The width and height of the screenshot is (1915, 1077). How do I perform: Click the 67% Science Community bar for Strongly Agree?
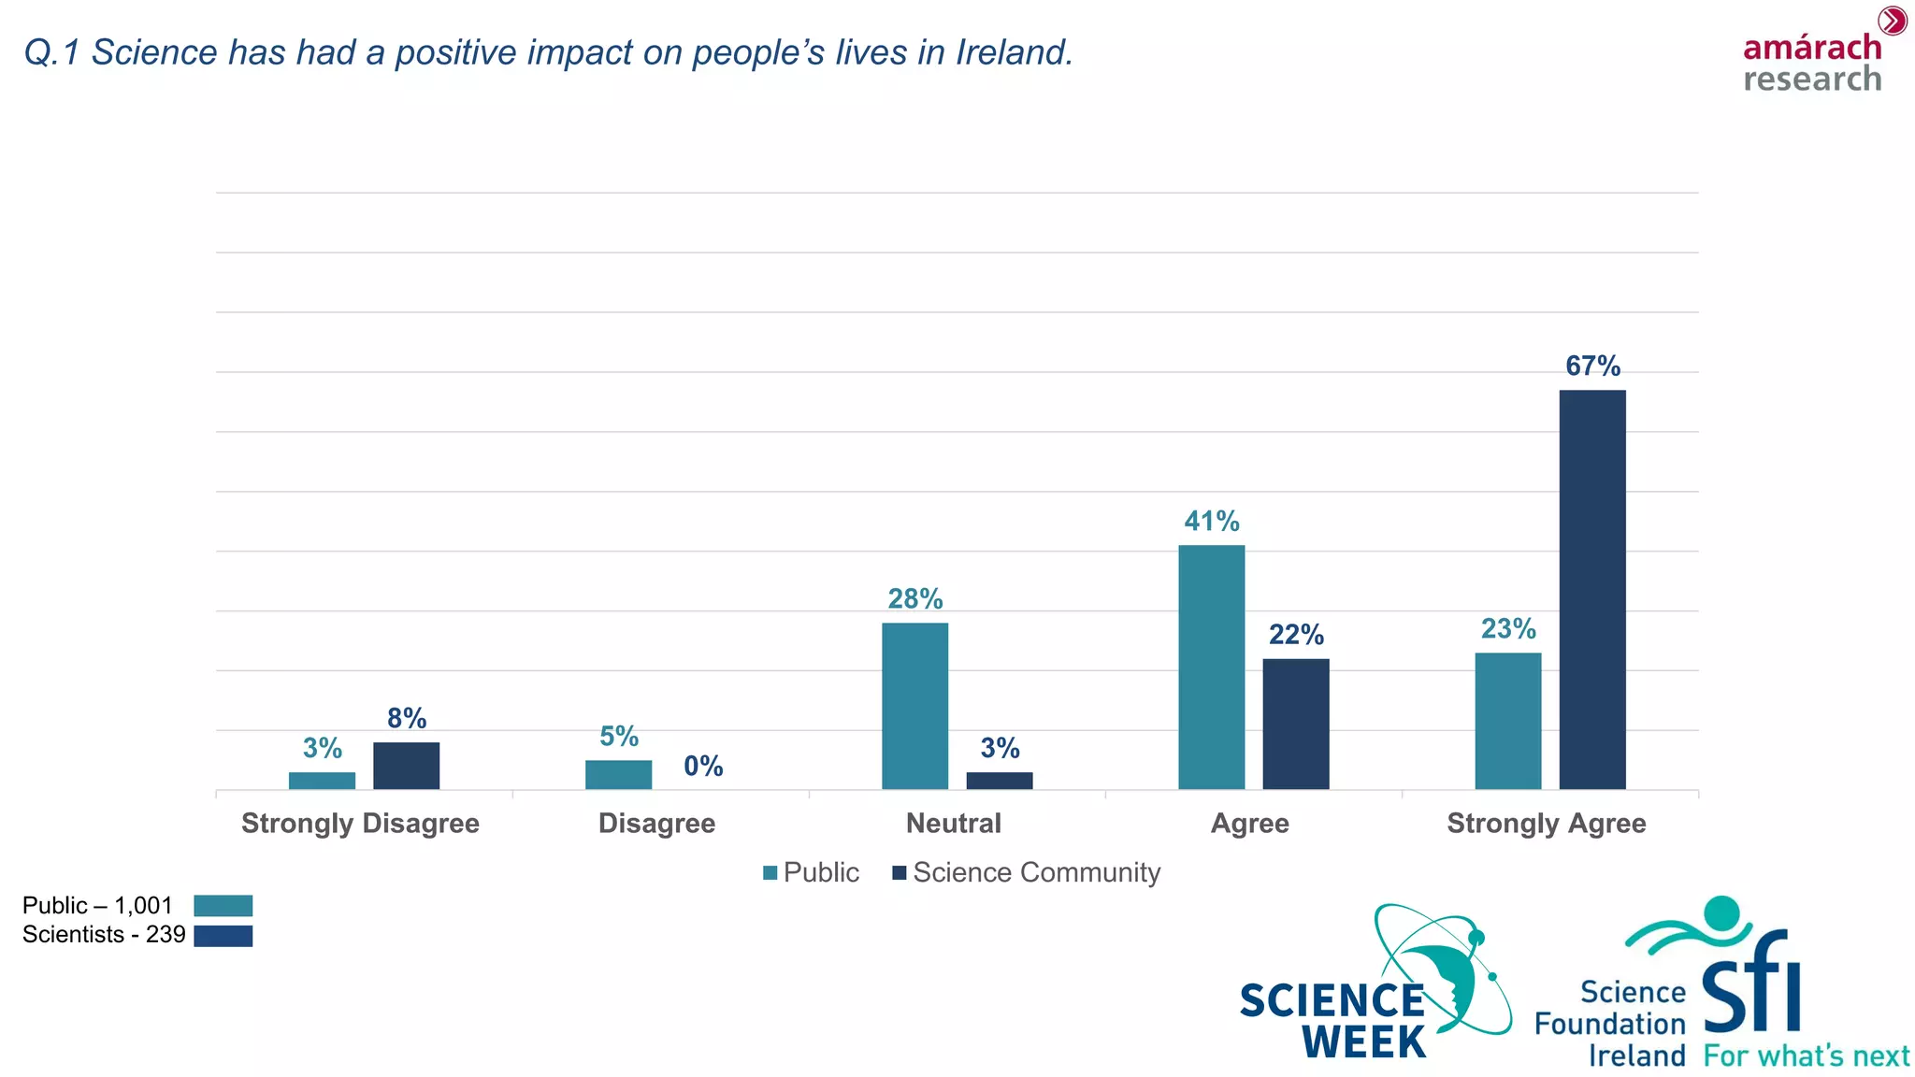pos(1591,589)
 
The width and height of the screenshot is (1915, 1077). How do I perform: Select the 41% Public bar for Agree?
pos(1211,667)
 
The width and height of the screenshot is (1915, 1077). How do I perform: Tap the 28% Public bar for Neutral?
pos(914,706)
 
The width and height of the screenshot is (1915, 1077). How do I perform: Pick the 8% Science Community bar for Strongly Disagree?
pos(406,766)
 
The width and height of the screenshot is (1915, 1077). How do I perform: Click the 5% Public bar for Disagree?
pos(618,775)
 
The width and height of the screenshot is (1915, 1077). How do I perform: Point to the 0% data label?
pos(703,767)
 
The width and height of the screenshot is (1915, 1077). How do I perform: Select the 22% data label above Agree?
pos(1296,635)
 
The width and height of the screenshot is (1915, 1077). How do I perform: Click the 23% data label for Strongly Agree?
pos(1507,628)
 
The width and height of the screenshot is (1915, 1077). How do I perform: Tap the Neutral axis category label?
pos(953,824)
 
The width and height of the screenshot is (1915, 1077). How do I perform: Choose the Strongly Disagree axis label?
pos(360,824)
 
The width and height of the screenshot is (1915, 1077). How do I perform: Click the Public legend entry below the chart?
pos(811,872)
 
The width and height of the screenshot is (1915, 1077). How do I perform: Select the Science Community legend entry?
pos(1026,872)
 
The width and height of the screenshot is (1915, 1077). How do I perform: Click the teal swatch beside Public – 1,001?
pos(223,905)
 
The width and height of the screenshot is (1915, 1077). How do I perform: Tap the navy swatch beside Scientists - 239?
pos(223,936)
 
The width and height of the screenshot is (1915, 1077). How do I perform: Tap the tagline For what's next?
pos(1806,1056)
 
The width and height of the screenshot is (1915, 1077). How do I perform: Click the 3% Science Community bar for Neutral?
pos(999,781)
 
